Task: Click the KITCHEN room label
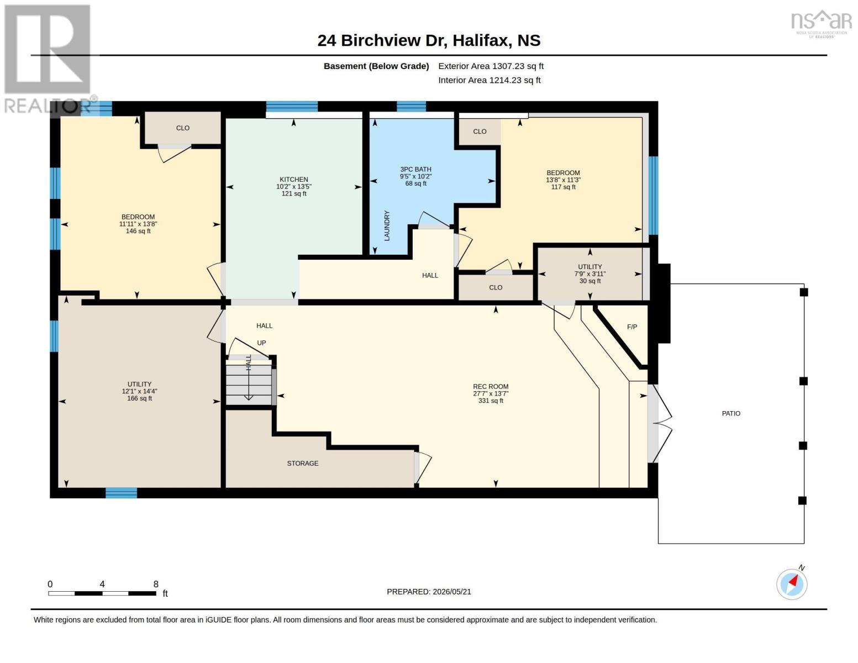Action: point(294,179)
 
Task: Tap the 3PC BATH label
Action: point(416,169)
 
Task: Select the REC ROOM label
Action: point(491,387)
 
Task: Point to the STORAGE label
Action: point(302,463)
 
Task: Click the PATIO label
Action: point(731,413)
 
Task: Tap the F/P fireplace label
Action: point(631,327)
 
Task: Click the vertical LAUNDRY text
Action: point(387,225)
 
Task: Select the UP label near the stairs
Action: point(261,343)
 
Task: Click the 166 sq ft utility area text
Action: point(139,398)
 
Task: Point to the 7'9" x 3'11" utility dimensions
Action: point(590,273)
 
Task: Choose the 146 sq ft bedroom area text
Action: point(138,231)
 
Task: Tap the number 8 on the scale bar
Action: point(156,584)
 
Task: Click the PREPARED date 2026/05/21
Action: point(452,592)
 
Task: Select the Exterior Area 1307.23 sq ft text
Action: point(491,66)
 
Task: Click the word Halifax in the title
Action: point(480,40)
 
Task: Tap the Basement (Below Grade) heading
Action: point(376,66)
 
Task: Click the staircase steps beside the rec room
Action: point(249,382)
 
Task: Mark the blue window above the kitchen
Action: point(292,107)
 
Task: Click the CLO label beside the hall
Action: point(496,287)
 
